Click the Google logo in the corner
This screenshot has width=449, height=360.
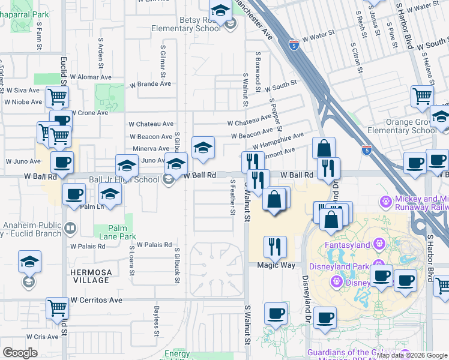[20, 353]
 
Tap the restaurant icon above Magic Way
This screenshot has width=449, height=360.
[275, 246]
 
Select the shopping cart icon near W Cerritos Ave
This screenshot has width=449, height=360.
[58, 309]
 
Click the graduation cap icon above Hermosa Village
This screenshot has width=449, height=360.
[29, 262]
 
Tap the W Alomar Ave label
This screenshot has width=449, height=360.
[90, 77]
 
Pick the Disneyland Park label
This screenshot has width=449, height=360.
[337, 266]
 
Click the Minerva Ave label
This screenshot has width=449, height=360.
[151, 148]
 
